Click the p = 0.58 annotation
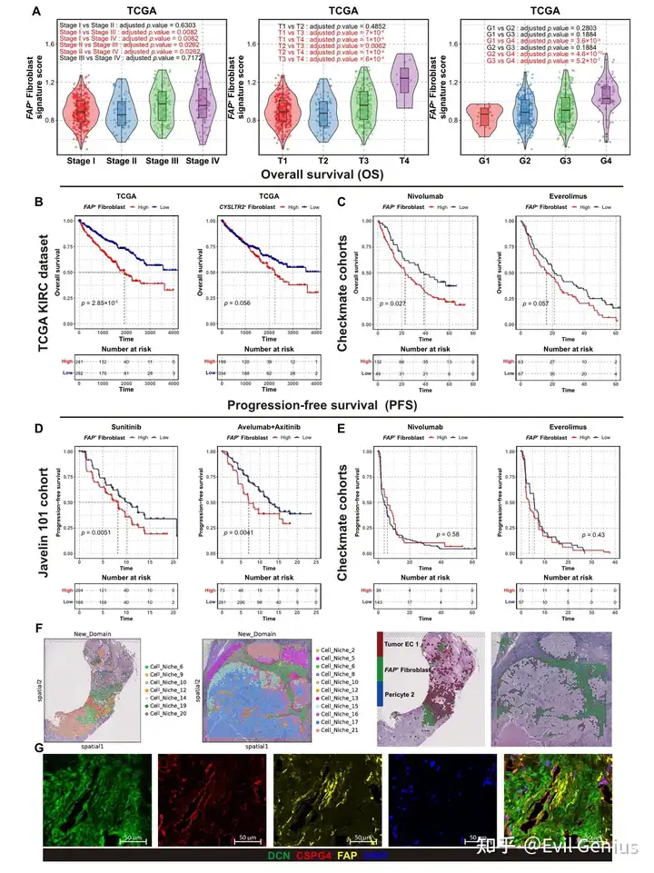pos(450,533)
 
